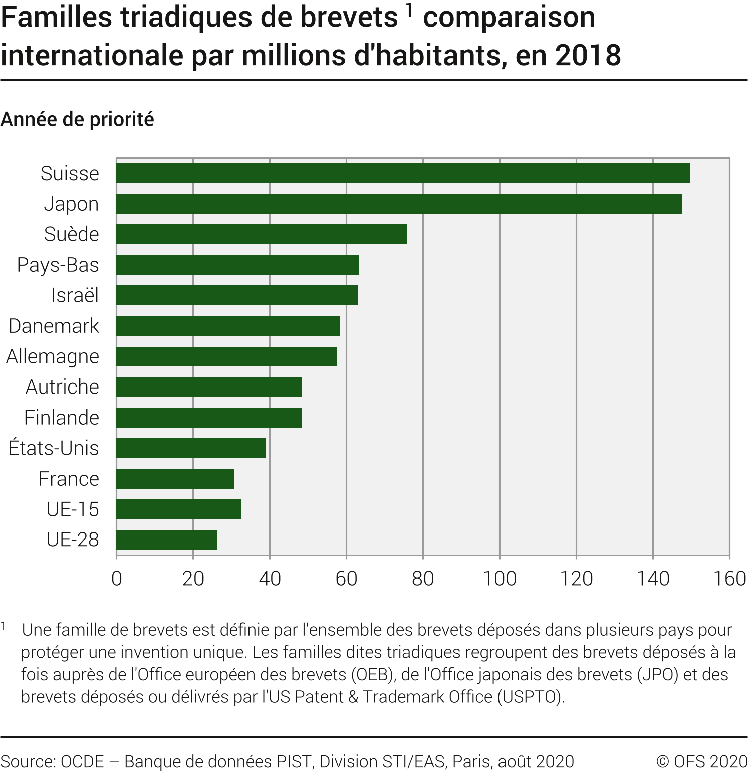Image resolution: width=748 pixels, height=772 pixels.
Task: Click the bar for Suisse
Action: pyautogui.click(x=403, y=173)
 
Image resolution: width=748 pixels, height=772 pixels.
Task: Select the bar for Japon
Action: pyautogui.click(x=399, y=204)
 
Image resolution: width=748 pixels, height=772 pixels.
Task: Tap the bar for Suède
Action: pyautogui.click(x=262, y=234)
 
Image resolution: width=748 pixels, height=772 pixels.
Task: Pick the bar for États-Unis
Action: pyautogui.click(x=191, y=448)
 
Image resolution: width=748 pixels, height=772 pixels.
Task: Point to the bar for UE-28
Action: pyautogui.click(x=167, y=540)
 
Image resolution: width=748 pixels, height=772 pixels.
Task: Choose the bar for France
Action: pyautogui.click(x=175, y=479)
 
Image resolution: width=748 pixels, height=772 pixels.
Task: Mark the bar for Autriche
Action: pyautogui.click(x=209, y=387)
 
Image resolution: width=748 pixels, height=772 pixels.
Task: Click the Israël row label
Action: pyautogui.click(x=75, y=295)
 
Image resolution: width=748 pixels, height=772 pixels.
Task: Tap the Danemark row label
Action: pyautogui.click(x=54, y=326)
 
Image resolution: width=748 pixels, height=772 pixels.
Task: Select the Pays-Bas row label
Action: pyautogui.click(x=58, y=265)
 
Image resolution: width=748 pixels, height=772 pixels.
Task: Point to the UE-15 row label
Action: pyautogui.click(x=73, y=509)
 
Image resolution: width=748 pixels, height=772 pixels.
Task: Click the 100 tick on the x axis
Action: pyautogui.click(x=500, y=579)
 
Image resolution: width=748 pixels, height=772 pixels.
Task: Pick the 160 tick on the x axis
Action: pyautogui.click(x=729, y=579)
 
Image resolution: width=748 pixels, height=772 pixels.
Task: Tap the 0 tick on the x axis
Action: pyautogui.click(x=117, y=579)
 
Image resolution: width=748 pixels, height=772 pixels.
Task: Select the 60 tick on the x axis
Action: pyautogui.click(x=346, y=579)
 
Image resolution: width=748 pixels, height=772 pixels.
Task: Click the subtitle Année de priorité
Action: pyautogui.click(x=77, y=119)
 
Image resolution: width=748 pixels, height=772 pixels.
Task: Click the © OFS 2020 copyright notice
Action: pyautogui.click(x=701, y=761)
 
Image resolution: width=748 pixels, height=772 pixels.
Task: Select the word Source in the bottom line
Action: pyautogui.click(x=28, y=761)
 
